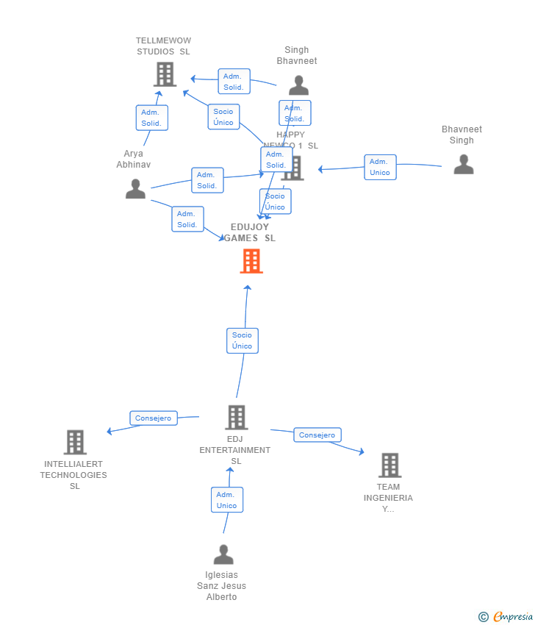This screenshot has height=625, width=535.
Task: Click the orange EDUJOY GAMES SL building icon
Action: coord(251,261)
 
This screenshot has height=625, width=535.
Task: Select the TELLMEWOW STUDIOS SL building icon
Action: coord(165,74)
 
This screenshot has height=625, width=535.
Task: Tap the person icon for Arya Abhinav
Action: coord(135,189)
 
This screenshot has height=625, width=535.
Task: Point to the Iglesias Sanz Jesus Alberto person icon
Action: coord(223,554)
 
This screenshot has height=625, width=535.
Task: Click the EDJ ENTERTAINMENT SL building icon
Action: coord(236,418)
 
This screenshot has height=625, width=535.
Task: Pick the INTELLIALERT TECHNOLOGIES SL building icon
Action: coord(75,443)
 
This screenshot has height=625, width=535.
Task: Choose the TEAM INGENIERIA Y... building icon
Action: coord(389,465)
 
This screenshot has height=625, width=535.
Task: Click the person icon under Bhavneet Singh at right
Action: coord(463,164)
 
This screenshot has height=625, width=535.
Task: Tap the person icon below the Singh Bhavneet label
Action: coord(298,85)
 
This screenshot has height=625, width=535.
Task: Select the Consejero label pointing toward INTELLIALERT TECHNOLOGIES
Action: coord(154,418)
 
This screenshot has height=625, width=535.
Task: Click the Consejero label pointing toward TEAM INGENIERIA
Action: coord(317,435)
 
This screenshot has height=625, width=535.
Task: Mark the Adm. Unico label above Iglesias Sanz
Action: coord(226,500)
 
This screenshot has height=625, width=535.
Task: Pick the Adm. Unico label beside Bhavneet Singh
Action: coord(380,167)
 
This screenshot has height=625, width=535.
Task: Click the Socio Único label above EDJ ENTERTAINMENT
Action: coord(242,340)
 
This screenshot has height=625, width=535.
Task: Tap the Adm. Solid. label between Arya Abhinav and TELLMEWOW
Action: coord(151,118)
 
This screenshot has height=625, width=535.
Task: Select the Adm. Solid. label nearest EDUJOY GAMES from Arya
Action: coord(187,219)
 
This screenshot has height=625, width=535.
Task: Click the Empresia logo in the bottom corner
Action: coord(506,616)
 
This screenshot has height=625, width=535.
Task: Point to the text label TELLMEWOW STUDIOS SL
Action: coord(163,46)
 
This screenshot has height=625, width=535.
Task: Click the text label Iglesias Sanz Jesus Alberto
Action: coord(221,586)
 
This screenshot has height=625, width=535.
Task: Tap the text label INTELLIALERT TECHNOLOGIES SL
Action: coord(73,475)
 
